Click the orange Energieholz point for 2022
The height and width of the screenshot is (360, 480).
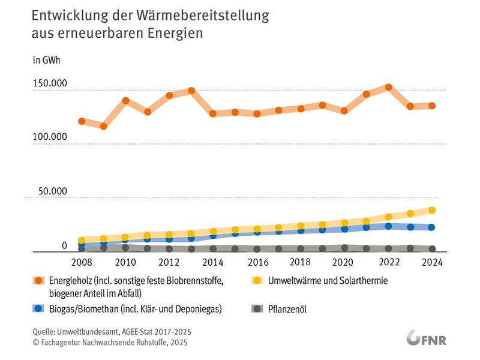coord(389,87)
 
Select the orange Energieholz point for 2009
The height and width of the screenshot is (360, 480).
coord(104,126)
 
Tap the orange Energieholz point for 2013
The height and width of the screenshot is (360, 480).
coord(191,91)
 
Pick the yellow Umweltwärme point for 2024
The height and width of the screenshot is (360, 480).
coord(432,210)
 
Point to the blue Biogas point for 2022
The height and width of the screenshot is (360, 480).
coord(389,226)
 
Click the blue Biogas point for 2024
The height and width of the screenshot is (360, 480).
coord(432,227)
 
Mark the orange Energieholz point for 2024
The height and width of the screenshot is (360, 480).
coord(432,106)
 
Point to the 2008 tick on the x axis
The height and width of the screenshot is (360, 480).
coord(82,262)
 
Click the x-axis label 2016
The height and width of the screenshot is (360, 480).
coord(257,262)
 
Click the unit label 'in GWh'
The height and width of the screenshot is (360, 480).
coord(46,60)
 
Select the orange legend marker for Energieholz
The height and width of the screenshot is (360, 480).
coord(39,280)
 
